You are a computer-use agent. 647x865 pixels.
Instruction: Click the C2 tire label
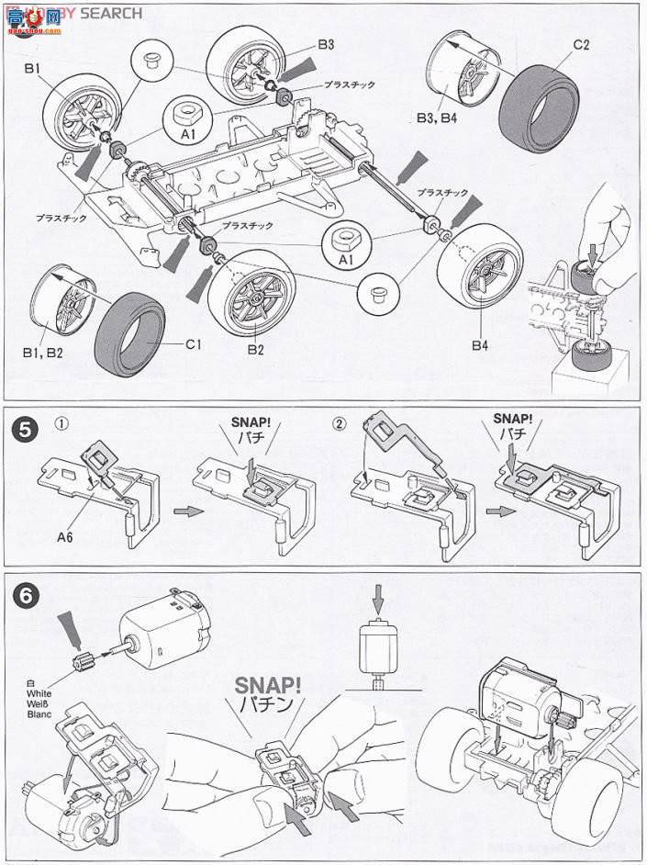click(580, 43)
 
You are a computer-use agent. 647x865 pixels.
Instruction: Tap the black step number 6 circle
click(25, 593)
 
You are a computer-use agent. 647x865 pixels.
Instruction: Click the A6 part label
click(66, 531)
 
